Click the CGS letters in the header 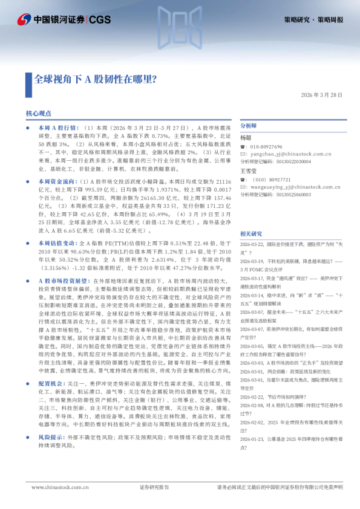[x=100, y=20]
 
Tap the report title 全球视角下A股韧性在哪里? [x=94, y=79]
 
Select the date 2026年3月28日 [x=322, y=95]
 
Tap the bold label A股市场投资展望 [x=63, y=282]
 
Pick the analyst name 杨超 [x=246, y=138]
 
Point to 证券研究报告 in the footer [x=154, y=487]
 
